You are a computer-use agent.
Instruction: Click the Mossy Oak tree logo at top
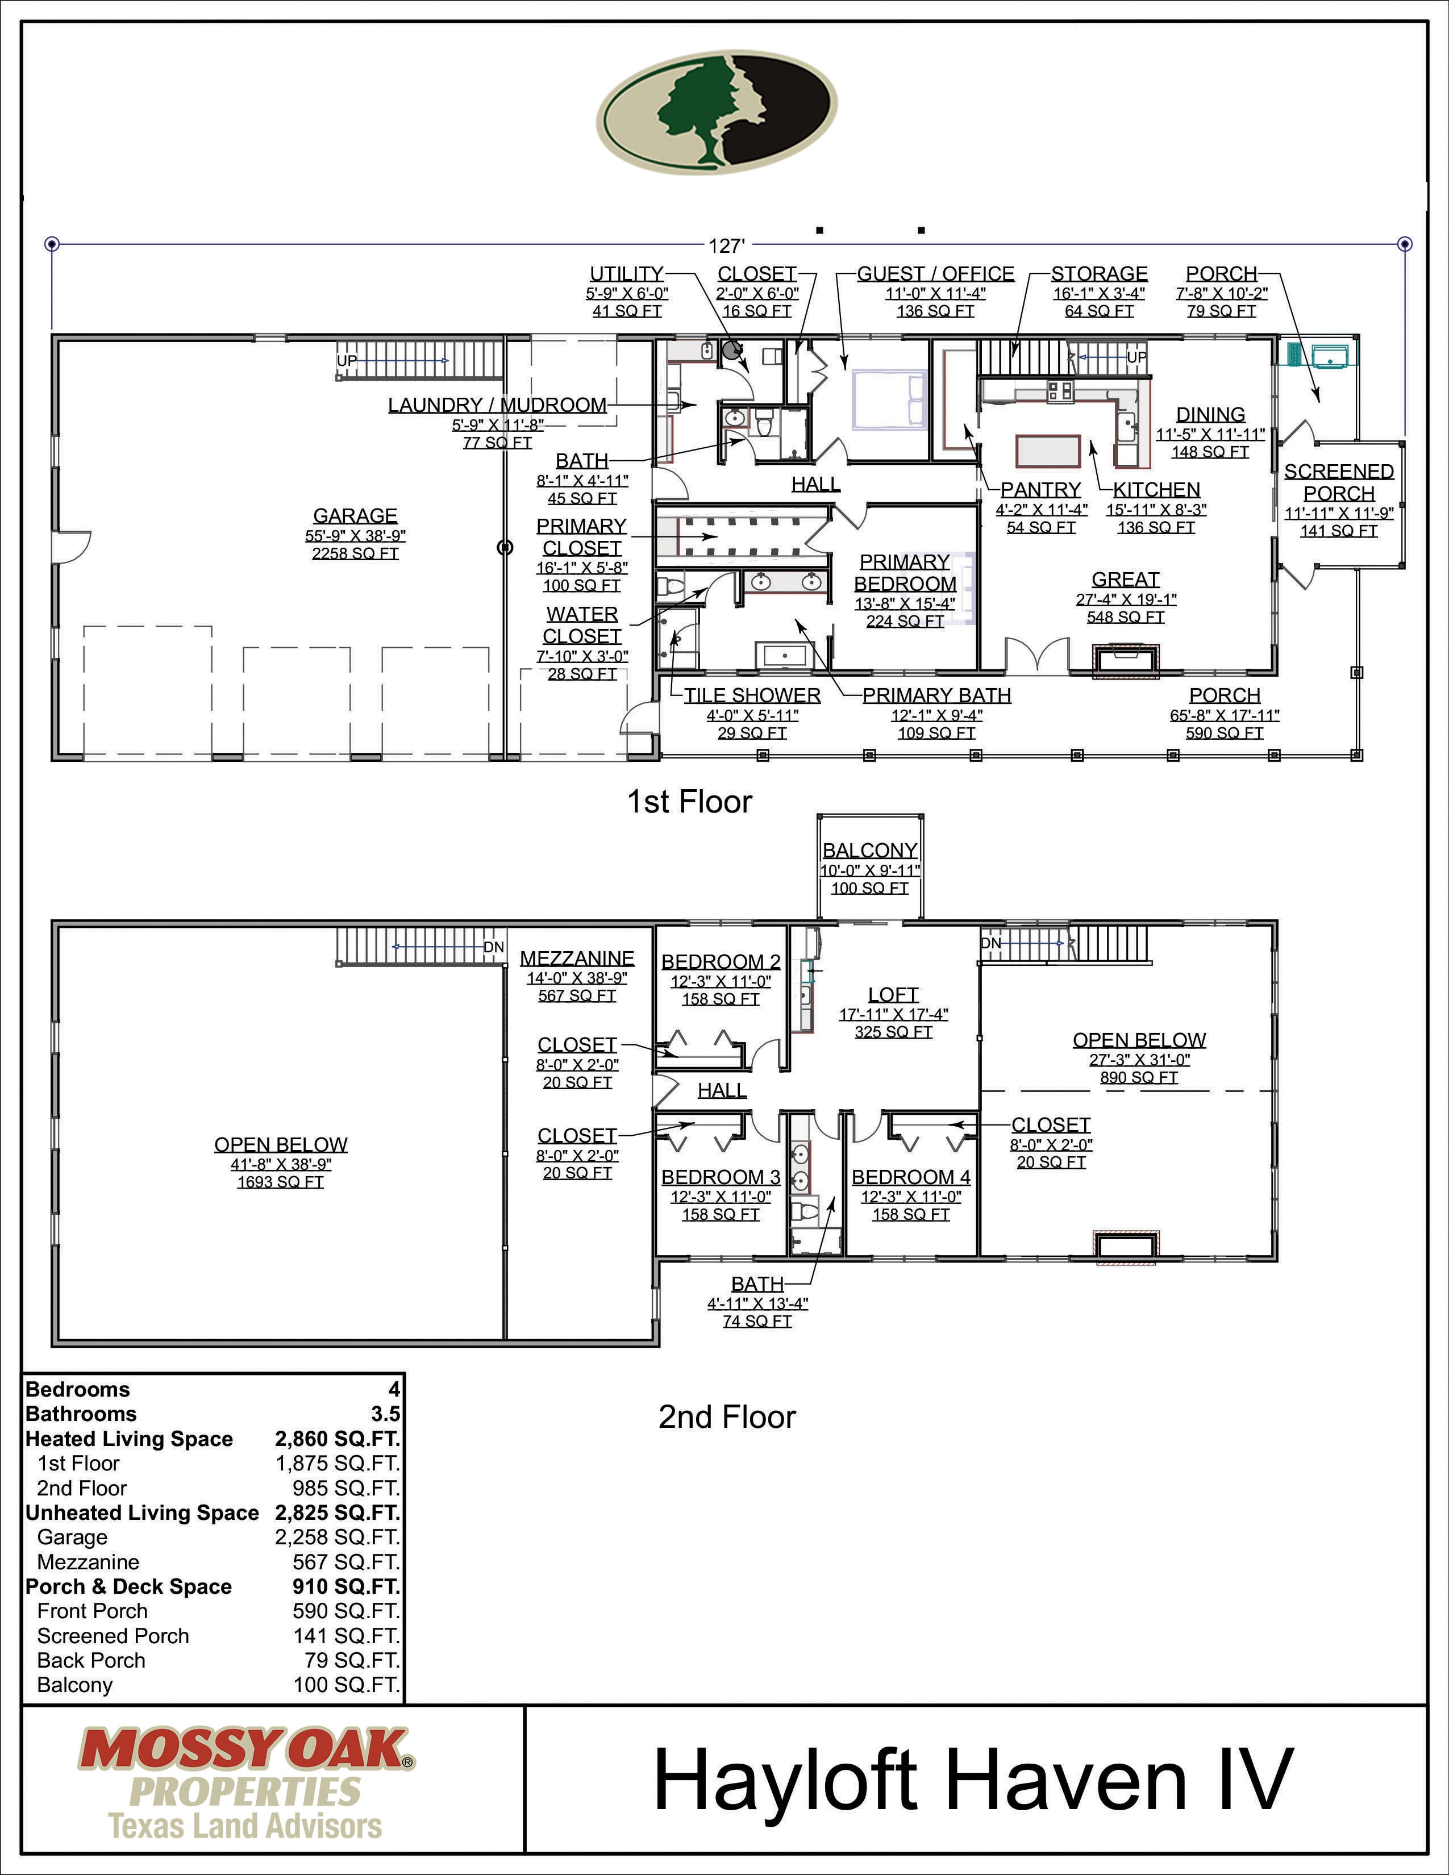(717, 111)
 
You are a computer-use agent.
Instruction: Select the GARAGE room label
(355, 516)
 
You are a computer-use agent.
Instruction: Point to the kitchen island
(1047, 450)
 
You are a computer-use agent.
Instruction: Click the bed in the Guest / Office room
(889, 400)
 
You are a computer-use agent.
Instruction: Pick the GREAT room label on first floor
(1125, 580)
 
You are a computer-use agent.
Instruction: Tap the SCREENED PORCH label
(1338, 482)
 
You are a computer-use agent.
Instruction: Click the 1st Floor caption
(689, 802)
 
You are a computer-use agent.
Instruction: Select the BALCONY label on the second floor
(869, 850)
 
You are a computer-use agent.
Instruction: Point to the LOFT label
(893, 994)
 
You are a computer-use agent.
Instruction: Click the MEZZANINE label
(577, 958)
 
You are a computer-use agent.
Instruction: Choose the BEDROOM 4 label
(911, 1177)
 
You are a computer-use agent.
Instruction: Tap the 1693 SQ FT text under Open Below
(281, 1182)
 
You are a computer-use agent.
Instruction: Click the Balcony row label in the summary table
(74, 1685)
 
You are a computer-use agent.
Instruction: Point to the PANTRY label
(1040, 489)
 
